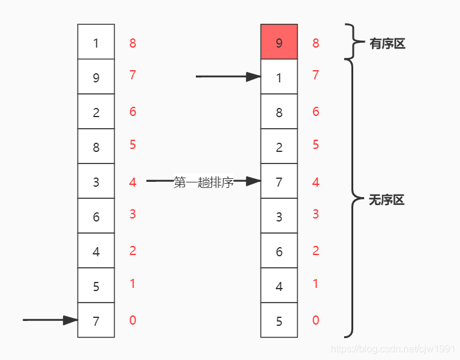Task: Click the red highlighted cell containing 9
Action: [279, 42]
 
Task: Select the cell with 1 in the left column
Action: [96, 42]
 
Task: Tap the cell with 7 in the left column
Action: [96, 320]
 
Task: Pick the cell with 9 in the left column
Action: [96, 77]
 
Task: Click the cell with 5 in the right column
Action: [279, 320]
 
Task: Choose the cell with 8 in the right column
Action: [279, 112]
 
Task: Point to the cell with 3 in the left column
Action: [96, 181]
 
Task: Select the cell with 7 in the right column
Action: [279, 181]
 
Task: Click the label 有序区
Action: [387, 43]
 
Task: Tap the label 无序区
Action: [387, 200]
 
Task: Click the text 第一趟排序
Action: [204, 182]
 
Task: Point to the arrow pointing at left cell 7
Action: [51, 320]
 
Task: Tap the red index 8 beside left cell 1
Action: [132, 43]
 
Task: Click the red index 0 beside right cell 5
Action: [315, 320]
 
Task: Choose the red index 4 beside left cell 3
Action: [132, 182]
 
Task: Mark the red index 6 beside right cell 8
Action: [315, 112]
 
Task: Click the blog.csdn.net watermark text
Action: [392, 348]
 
